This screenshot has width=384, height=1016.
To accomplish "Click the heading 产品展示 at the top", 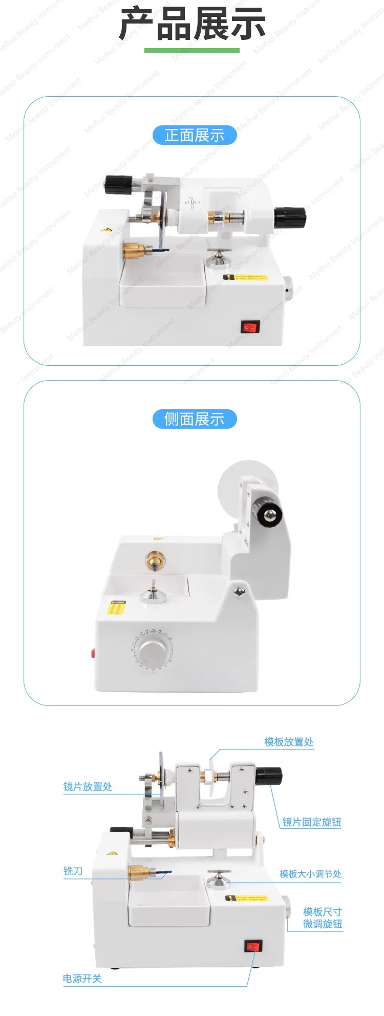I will [x=192, y=24].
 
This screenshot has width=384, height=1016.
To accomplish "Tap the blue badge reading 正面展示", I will [x=195, y=135].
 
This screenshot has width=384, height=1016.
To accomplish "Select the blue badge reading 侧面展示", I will [x=195, y=419].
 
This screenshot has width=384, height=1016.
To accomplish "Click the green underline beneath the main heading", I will [x=192, y=51].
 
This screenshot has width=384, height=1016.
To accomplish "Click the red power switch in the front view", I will [x=250, y=327].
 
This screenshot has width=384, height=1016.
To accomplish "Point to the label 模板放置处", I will [x=289, y=742].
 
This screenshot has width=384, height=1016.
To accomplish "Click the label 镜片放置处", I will [x=88, y=786].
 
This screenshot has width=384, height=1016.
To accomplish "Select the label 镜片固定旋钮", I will [x=311, y=822].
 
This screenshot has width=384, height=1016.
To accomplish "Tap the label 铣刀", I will [x=73, y=871].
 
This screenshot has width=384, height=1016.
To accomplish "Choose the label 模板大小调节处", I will [x=310, y=874].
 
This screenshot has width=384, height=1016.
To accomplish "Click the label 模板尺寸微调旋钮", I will [x=322, y=918].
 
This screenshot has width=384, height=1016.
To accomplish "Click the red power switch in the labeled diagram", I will [x=253, y=946].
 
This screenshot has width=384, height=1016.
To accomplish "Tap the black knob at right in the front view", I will [x=289, y=218].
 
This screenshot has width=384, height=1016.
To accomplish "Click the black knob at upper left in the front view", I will [x=118, y=185].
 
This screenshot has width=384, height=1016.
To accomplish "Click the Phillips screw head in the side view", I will [x=239, y=592].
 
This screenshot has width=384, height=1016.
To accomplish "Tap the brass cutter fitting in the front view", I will [x=134, y=251].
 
